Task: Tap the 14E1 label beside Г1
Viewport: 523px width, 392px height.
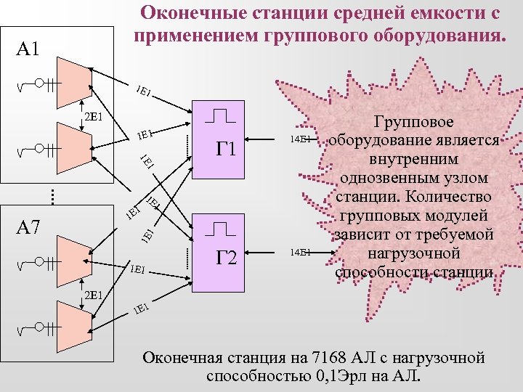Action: pyautogui.click(x=300, y=138)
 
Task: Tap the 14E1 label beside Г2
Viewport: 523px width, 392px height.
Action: pyautogui.click(x=300, y=252)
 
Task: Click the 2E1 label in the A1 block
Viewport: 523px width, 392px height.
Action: pyautogui.click(x=92, y=116)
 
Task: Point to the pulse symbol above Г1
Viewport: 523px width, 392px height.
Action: pyautogui.click(x=221, y=115)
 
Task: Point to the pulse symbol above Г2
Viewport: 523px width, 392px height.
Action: pyautogui.click(x=221, y=229)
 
